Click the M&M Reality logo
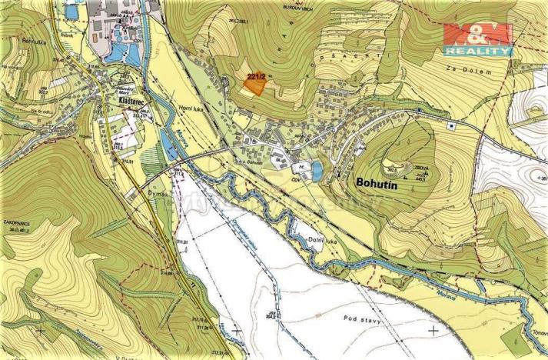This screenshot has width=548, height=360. pyautogui.click(x=477, y=39)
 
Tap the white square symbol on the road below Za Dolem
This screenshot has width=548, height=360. pyautogui.click(x=453, y=125)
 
